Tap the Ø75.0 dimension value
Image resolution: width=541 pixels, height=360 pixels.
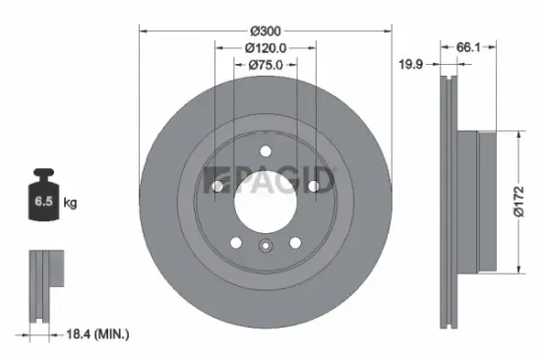pos(266,65)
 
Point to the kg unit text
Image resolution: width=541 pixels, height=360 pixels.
pos(70,203)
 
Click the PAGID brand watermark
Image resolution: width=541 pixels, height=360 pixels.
pos(268,182)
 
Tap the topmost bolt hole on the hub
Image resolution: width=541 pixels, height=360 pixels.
pos(265,150)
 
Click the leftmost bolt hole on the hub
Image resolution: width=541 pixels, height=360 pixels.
pos(216,185)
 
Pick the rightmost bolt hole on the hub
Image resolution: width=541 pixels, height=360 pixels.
pos(313,185)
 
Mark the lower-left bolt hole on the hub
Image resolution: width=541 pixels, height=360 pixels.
pos(234,241)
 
